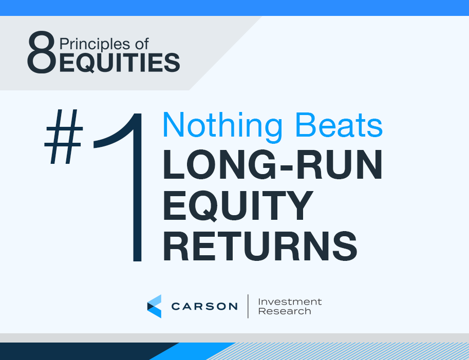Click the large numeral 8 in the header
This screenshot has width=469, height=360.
point(42,52)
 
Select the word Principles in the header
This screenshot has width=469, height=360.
point(95,45)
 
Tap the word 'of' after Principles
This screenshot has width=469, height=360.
point(142,44)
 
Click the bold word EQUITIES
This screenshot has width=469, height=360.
point(120,63)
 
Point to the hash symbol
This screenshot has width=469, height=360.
point(64,137)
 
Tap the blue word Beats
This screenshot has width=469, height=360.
point(339,125)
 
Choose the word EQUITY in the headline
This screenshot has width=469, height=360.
point(238,206)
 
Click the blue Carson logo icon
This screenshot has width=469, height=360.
point(154,306)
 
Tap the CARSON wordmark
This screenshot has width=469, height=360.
point(204,306)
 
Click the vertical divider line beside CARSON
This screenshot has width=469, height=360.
point(248,306)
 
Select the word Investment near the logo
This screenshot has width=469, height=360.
point(290,301)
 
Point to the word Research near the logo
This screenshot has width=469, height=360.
point(285,311)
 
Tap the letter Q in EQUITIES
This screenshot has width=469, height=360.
point(87,63)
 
